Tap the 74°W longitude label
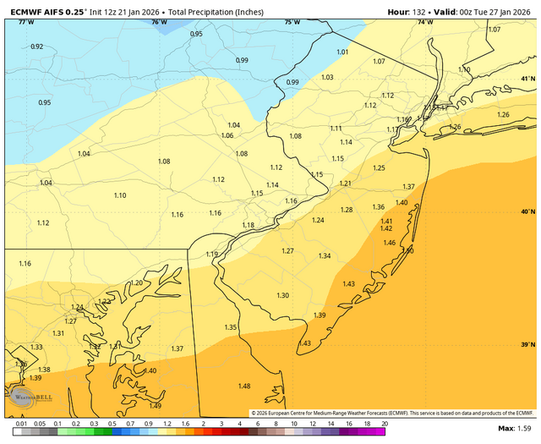[422, 22]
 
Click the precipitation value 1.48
[244, 386]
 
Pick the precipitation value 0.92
[36, 47]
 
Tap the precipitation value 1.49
[155, 405]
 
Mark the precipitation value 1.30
[283, 295]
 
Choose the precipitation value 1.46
[390, 243]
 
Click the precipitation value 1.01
[342, 52]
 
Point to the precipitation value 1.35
[231, 327]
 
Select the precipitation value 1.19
[211, 255]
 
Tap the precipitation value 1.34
[325, 256]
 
